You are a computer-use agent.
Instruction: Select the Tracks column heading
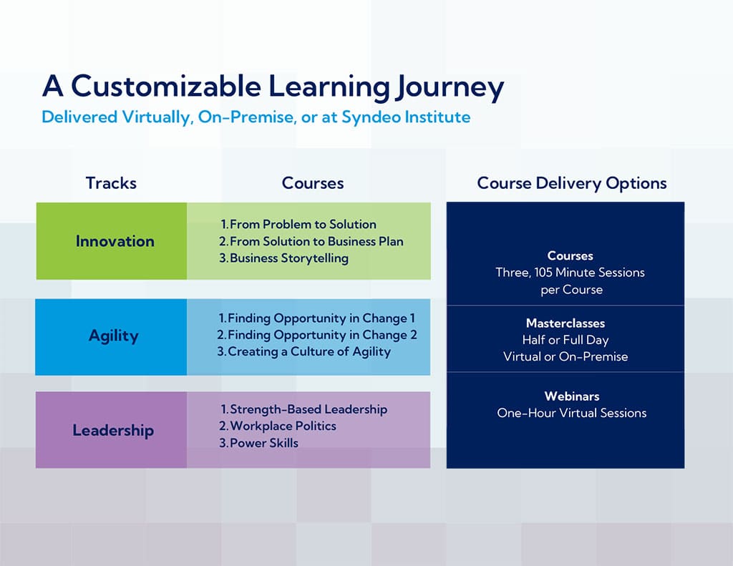tap(111, 183)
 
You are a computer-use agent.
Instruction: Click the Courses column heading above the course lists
tap(312, 183)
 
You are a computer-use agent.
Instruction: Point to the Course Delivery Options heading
tap(571, 183)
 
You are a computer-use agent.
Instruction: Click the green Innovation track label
tap(115, 241)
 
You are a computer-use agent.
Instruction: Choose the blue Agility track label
tap(114, 336)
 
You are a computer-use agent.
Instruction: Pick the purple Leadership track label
tap(113, 430)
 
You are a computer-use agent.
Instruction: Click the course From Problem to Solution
tap(302, 225)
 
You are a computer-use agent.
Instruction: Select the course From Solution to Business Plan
tap(316, 242)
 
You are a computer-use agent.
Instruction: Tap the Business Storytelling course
tap(288, 258)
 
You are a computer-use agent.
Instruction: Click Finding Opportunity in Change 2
tap(321, 335)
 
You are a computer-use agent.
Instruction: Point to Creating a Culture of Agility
tap(309, 351)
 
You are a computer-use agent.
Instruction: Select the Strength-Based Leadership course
tap(308, 409)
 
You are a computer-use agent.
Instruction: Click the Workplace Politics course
tap(282, 426)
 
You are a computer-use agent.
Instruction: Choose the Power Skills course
tap(263, 443)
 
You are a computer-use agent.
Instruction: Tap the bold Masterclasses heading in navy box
tap(565, 323)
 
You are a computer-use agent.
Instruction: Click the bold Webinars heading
tap(571, 396)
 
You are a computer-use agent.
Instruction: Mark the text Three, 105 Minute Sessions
tap(570, 273)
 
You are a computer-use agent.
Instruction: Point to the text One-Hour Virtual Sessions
tap(571, 413)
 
